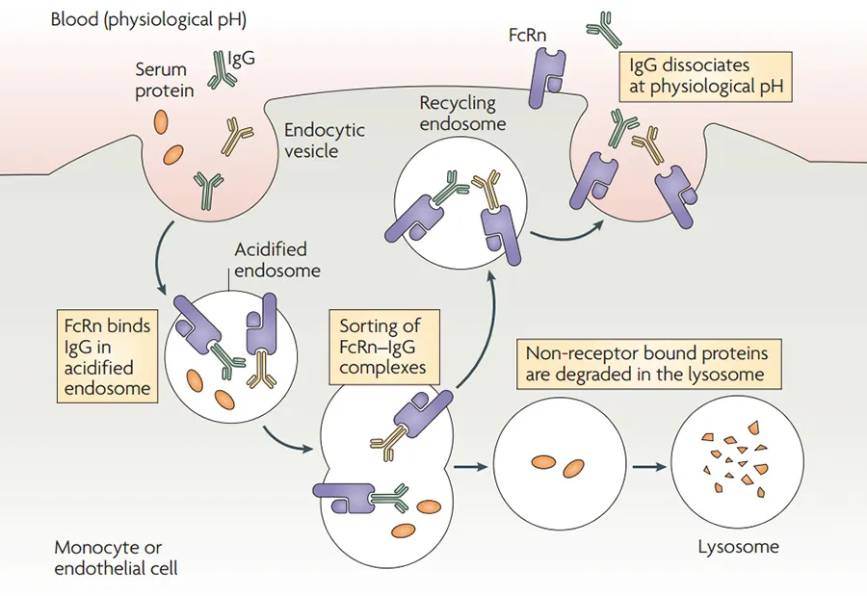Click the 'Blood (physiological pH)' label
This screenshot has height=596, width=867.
coord(148,20)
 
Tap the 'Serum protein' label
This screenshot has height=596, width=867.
coord(164,80)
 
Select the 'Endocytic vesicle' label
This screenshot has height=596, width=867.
coord(324,140)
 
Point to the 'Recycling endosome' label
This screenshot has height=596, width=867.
coord(462,113)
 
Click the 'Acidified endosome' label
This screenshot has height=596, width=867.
coord(277,260)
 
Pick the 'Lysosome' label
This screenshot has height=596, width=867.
coord(738,547)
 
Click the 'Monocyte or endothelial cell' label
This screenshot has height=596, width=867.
coord(117,557)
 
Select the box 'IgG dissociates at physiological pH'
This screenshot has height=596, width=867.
coord(706,76)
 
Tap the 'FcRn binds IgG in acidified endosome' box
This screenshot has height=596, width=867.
coord(107,356)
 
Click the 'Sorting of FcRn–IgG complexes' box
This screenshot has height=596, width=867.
coord(384,347)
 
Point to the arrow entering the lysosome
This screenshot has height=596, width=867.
coord(649,467)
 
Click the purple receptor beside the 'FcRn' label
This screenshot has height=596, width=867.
coord(546,77)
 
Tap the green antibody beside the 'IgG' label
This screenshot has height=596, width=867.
coord(221,70)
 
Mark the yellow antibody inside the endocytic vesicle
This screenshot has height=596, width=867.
coord(237,136)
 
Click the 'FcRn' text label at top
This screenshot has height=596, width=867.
coord(527,36)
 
